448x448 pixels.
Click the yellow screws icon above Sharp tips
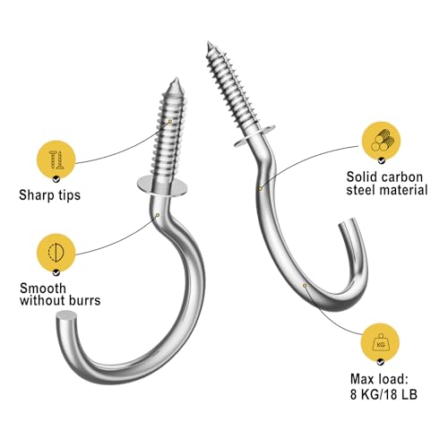(56, 159)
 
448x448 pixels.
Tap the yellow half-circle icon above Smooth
(56, 253)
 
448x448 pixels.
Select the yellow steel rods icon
(381, 141)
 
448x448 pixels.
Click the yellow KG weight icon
(380, 342)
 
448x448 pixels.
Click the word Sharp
(33, 195)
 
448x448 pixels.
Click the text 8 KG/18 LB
(383, 394)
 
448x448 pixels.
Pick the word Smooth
(43, 289)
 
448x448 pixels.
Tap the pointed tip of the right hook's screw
(208, 43)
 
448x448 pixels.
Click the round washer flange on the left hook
(162, 186)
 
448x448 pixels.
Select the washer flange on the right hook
(254, 136)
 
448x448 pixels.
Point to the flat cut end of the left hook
(66, 315)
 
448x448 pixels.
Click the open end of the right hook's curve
(348, 223)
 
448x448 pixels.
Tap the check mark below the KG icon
(380, 362)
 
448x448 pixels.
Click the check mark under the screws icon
(56, 179)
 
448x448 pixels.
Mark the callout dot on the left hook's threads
(169, 121)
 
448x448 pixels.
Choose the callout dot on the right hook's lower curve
(305, 286)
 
